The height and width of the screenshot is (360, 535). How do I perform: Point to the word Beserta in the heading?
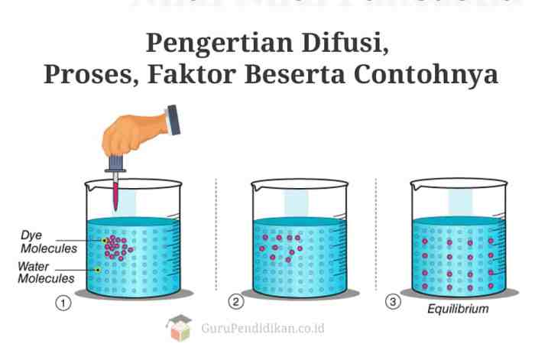point(291,76)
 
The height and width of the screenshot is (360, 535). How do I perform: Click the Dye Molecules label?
point(48,243)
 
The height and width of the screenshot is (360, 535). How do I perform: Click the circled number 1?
point(63,303)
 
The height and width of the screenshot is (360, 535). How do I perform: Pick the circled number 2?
point(237,303)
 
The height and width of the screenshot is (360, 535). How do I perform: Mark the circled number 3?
point(394,303)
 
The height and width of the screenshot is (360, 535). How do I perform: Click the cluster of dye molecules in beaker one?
point(117,245)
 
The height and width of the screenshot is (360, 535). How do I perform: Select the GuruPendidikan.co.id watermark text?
point(263,328)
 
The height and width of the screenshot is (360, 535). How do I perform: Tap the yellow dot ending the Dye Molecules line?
point(105,241)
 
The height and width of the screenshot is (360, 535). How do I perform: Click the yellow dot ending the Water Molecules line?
point(98,270)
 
